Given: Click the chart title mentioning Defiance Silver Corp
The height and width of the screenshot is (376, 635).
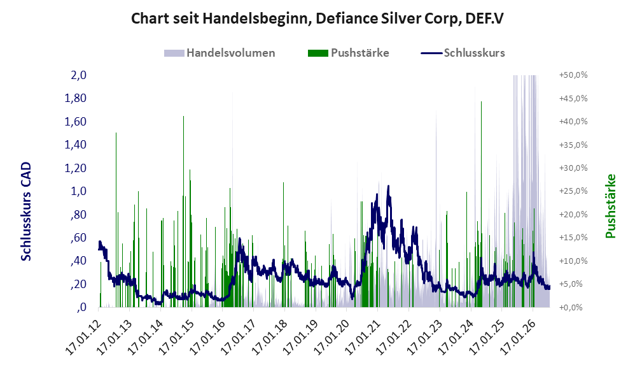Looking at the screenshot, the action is (317, 18).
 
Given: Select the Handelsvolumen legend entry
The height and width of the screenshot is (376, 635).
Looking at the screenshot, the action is (220, 53).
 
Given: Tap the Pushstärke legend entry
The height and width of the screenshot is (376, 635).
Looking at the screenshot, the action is (348, 53).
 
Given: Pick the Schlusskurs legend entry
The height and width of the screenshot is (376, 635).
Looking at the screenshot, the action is (463, 53).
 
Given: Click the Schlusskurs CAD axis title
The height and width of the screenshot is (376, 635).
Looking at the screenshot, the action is (26, 212).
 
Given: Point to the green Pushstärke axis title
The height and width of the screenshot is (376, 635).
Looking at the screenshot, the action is (610, 206).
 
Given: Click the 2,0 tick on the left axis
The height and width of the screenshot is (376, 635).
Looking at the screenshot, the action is (78, 75).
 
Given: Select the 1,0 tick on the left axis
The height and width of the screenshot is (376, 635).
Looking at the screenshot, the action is (78, 191).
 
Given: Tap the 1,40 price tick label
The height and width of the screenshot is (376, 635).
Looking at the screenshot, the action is (75, 145).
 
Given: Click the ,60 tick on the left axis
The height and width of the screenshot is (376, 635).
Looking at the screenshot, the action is (78, 237).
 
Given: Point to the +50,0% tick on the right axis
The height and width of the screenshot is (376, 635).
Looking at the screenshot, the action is (573, 75).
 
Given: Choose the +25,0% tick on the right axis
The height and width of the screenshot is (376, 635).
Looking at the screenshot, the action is (573, 191).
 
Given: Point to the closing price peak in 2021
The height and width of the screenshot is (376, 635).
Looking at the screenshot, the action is (388, 187).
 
